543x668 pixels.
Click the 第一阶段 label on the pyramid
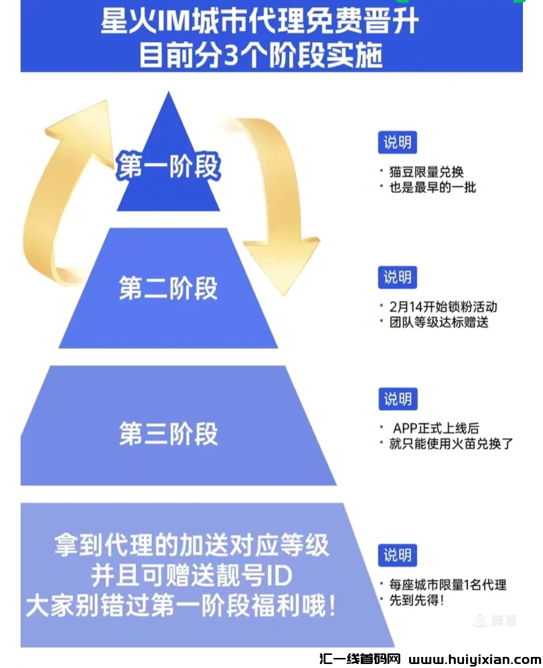pos(168,166)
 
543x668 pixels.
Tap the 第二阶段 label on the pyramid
pos(168,288)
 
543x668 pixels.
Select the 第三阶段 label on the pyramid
pos(168,434)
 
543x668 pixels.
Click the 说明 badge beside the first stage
pos(397,142)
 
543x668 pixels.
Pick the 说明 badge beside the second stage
pos(397,277)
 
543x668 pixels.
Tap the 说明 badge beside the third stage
pos(397,399)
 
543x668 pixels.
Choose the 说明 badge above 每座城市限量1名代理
pos(397,555)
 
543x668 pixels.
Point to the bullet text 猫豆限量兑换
pos(426,172)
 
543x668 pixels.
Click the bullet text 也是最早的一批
pos(432,188)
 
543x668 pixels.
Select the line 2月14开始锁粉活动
pos(443,307)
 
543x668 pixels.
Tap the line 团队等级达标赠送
pos(439,322)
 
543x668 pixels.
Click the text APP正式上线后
pos(436,428)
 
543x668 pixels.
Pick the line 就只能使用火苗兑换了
pos(451,444)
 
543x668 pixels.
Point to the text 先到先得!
pos(417,600)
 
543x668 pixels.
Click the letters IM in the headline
pos(173,21)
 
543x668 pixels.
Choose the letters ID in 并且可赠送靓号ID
pos(279,575)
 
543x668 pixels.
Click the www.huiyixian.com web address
pos(475,659)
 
